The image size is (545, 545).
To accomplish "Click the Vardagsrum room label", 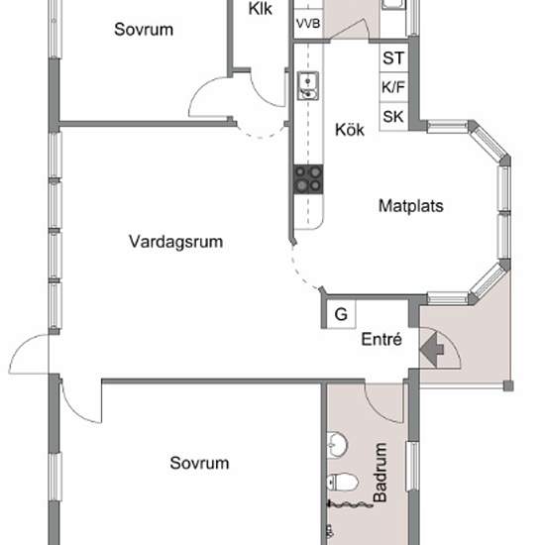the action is (175, 242).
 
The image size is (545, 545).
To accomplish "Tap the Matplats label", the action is (411, 206).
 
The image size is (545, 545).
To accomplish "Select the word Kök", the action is (350, 130).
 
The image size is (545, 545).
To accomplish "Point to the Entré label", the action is (381, 339).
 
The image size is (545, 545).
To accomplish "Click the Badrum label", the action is (380, 473).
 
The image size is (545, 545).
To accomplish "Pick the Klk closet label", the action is (261, 9).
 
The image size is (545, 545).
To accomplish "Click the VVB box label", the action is (308, 24).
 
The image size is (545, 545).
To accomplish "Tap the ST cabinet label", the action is (393, 58).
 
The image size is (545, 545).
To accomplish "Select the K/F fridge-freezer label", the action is (393, 87).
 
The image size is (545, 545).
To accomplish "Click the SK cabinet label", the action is (393, 117).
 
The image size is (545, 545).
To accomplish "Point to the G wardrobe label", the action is (341, 314).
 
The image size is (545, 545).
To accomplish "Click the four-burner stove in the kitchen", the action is (308, 179).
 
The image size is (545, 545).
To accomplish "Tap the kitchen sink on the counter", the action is (307, 86).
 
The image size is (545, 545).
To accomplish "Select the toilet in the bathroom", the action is (343, 483).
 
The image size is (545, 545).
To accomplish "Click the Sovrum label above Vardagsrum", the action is (144, 29).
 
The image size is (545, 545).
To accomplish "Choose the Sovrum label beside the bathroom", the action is (199, 463).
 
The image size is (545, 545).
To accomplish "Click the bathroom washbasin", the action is (338, 444).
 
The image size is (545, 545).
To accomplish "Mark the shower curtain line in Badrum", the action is (350, 504).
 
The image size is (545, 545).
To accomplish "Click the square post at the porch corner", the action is (508, 385).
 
